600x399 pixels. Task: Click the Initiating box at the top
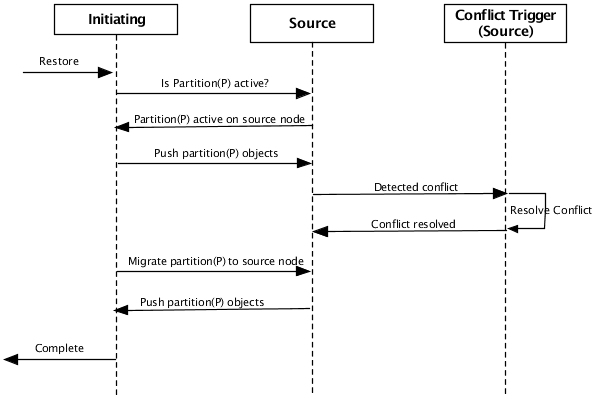click(x=116, y=19)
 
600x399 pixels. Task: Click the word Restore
click(x=59, y=61)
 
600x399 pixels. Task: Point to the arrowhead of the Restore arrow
click(x=105, y=72)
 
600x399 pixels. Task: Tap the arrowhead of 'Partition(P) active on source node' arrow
click(x=124, y=126)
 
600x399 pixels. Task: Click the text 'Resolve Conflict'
click(x=551, y=211)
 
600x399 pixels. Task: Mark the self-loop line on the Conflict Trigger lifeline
click(x=544, y=211)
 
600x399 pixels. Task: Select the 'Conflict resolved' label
click(x=413, y=223)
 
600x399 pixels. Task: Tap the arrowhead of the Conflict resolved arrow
click(x=321, y=231)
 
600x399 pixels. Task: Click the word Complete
click(x=59, y=348)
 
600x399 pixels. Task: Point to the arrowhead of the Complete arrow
click(x=10, y=359)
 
